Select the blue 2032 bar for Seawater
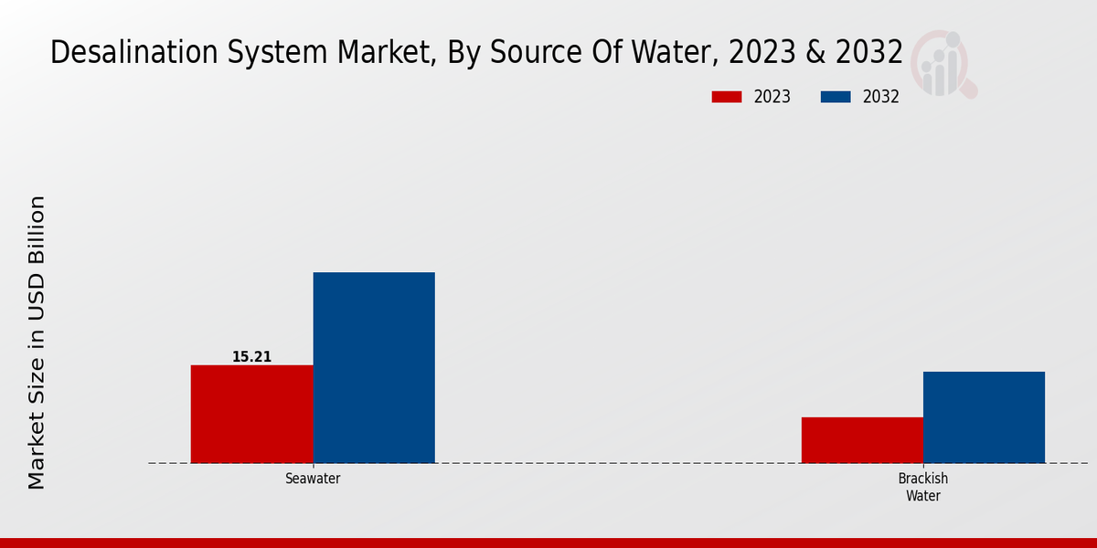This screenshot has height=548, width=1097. [x=374, y=367]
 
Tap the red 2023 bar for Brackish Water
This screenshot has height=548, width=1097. [x=862, y=440]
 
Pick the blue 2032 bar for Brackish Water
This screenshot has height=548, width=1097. [x=984, y=417]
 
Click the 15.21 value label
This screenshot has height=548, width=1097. [x=251, y=357]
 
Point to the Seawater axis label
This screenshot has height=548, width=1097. [x=313, y=479]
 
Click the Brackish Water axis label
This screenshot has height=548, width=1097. [x=923, y=488]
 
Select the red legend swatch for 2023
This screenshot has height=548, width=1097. [x=727, y=97]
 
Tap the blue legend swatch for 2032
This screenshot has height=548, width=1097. [x=836, y=97]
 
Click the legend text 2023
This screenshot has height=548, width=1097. [x=772, y=97]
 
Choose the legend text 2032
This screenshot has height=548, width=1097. [x=881, y=97]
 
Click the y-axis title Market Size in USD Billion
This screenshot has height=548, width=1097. [x=37, y=342]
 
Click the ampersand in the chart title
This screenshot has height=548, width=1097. [x=814, y=53]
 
